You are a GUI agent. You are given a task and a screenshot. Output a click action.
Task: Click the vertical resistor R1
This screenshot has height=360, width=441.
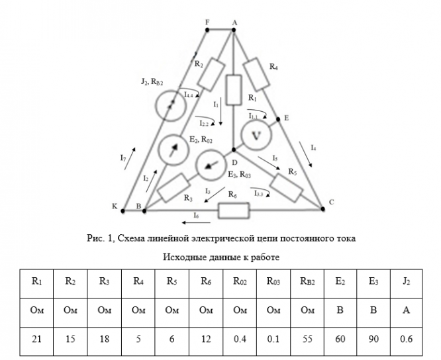point(233,90)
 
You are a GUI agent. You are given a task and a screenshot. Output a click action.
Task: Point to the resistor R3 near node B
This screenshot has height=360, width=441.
point(174,187)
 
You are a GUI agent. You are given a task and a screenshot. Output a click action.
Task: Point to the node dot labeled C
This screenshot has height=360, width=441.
point(322,208)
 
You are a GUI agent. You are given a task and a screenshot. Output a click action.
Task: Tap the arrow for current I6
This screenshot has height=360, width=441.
point(185,222)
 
